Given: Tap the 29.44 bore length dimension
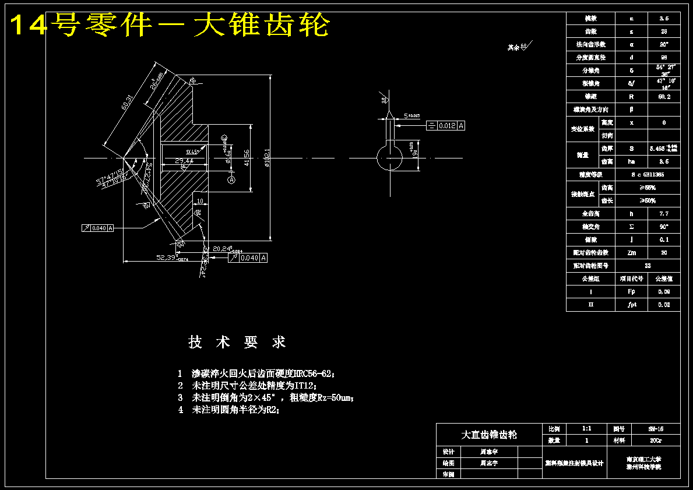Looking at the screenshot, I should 184,160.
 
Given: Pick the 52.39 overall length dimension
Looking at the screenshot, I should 169,257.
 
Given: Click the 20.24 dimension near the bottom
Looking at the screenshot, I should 223,248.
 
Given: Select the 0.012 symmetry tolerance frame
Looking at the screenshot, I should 446,125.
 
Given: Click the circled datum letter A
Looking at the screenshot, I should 231,181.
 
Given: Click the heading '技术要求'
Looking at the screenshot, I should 237,342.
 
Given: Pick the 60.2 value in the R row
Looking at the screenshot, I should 664,97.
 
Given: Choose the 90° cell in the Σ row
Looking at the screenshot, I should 664,227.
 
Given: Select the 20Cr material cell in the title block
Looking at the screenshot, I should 655,440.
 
